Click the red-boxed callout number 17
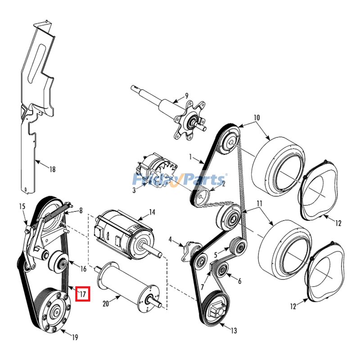coord(83,294)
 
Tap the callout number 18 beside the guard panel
coord(53,170)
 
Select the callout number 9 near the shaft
coord(187,95)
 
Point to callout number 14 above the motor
coord(152,212)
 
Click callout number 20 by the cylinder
coord(106,304)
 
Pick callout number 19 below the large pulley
coord(75,337)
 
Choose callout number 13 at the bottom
coord(234,331)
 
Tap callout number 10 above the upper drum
coord(256,117)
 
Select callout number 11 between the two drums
coord(260,203)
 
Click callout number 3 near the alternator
coord(134,190)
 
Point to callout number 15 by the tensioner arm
coord(22,207)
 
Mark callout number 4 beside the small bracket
coord(170,240)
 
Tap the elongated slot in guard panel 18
coord(36,64)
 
